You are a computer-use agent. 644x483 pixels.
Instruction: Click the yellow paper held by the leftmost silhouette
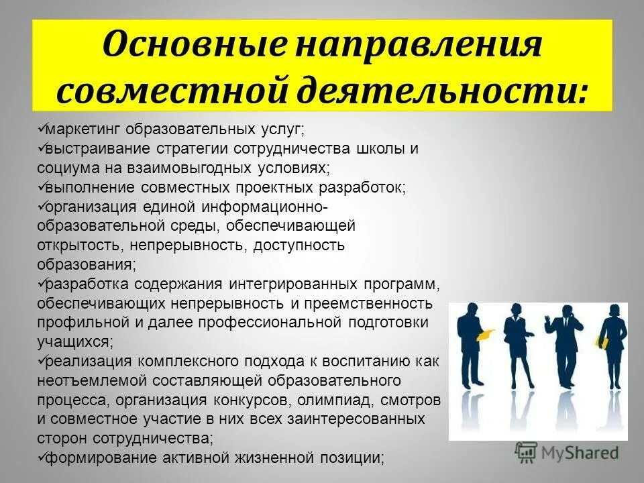(x=486, y=333)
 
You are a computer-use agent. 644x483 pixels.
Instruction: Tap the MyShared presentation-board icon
(x=527, y=453)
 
